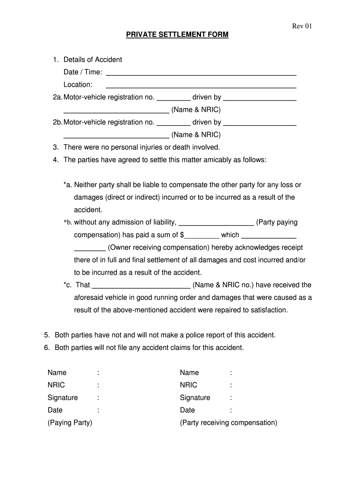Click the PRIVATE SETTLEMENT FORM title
[177, 35]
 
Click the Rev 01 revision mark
[302, 26]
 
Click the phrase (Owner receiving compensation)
[158, 247]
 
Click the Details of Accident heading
[93, 59]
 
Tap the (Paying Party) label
[70, 423]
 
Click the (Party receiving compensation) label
[228, 423]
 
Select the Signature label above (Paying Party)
[63, 398]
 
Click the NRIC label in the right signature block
[188, 385]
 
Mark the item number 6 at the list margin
[47, 348]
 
